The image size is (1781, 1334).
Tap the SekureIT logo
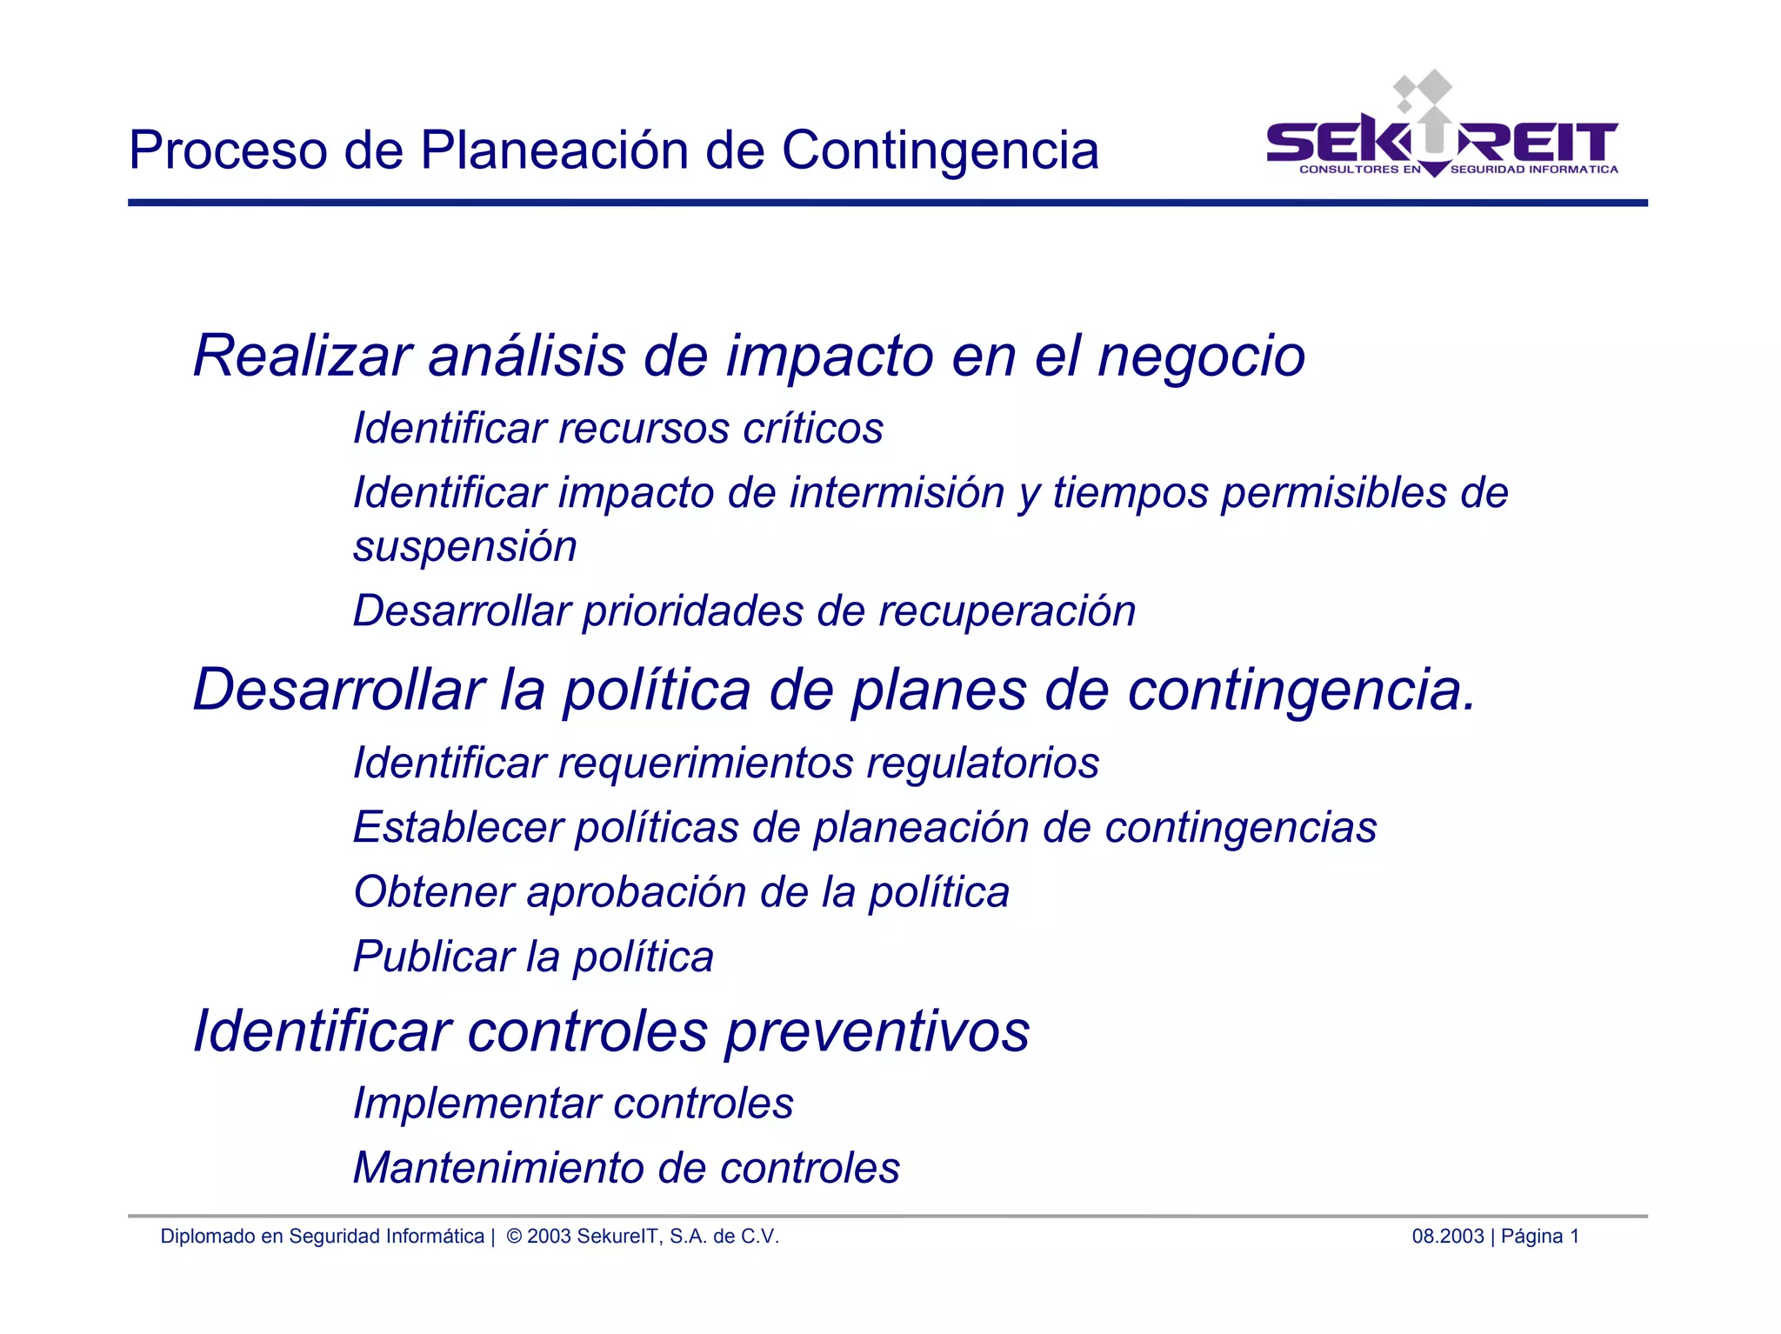tap(1441, 130)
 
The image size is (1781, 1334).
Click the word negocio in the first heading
tap(1201, 357)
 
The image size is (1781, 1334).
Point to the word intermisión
tap(898, 493)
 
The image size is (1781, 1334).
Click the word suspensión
tap(464, 547)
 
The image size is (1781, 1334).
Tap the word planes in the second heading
tap(939, 690)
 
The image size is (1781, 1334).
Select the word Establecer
tap(457, 828)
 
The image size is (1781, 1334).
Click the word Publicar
tap(433, 957)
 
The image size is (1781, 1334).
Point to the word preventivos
tap(877, 1032)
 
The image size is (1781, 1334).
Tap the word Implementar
tap(476, 1104)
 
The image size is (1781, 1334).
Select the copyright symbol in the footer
tap(514, 1237)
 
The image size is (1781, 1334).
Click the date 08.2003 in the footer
tap(1447, 1237)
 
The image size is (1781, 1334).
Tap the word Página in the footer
tap(1531, 1237)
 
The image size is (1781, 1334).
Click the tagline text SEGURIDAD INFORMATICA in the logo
tap(1534, 170)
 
